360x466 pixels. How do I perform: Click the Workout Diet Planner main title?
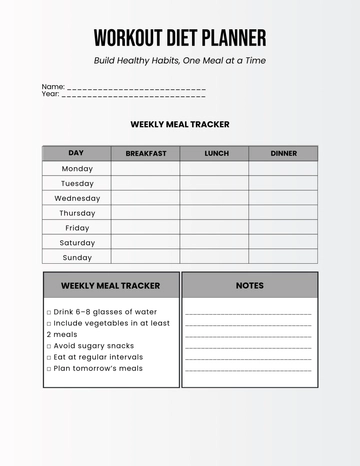pos(180,38)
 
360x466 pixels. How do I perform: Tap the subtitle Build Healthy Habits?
pos(180,61)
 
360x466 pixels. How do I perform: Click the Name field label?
pos(53,87)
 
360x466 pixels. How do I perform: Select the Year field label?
pos(51,94)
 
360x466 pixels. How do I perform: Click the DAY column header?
pos(76,153)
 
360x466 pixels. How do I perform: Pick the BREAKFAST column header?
pos(146,153)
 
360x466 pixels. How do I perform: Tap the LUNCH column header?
pos(216,153)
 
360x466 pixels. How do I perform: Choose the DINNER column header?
pos(284,153)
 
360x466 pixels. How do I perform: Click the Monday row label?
pos(77,168)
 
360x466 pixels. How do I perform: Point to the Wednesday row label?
pos(77,198)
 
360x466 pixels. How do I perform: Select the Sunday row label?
pos(77,257)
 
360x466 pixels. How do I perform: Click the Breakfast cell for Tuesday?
pos(146,183)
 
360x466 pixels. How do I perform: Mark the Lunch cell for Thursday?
pos(216,213)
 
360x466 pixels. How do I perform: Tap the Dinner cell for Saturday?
pos(284,242)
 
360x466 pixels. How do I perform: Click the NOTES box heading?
pos(250,285)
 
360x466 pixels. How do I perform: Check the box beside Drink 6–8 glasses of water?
pos(49,312)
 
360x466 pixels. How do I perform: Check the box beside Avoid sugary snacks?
pos(49,346)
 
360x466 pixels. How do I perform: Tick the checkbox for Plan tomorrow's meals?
pos(49,369)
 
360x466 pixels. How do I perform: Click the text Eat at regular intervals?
pos(98,357)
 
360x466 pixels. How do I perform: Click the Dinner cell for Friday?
pos(284,227)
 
